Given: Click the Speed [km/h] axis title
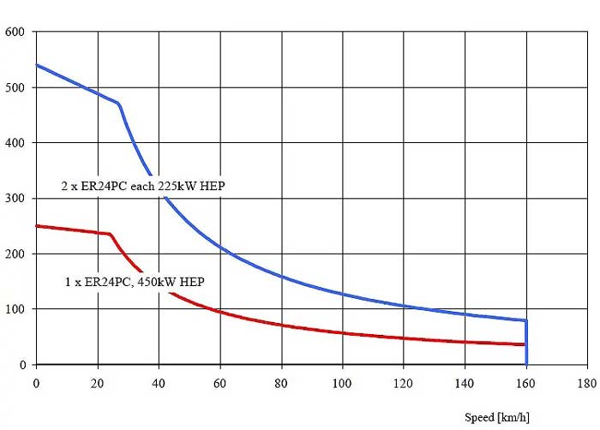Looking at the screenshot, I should coord(497,417).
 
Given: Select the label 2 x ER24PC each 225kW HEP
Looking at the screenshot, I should coord(143,187).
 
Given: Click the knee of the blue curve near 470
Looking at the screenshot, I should coord(118,104).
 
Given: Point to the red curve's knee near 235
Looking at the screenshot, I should coord(111,234).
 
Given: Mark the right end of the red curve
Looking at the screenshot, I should coord(524,344).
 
